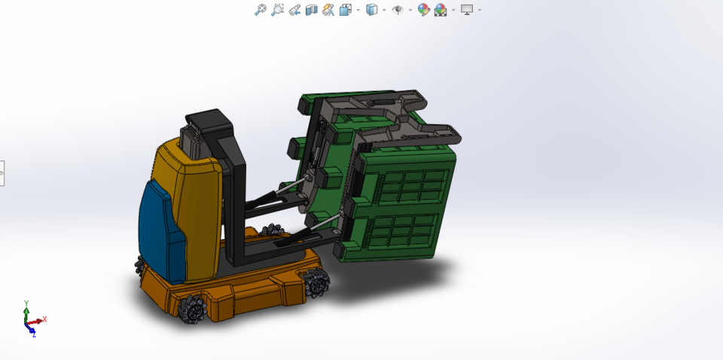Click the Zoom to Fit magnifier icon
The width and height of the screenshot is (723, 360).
click(261, 10)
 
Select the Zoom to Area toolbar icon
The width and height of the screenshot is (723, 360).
click(277, 10)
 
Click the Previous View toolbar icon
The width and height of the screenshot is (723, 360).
click(294, 10)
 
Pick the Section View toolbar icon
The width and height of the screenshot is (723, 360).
click(311, 10)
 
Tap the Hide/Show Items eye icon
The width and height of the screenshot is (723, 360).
click(398, 10)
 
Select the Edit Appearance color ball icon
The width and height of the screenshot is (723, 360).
click(423, 10)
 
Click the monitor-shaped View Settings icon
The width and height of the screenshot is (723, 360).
click(467, 10)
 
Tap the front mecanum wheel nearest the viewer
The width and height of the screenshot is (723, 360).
click(194, 307)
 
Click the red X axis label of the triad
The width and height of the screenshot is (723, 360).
click(45, 319)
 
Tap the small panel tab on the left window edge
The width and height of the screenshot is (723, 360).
click(2, 173)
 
